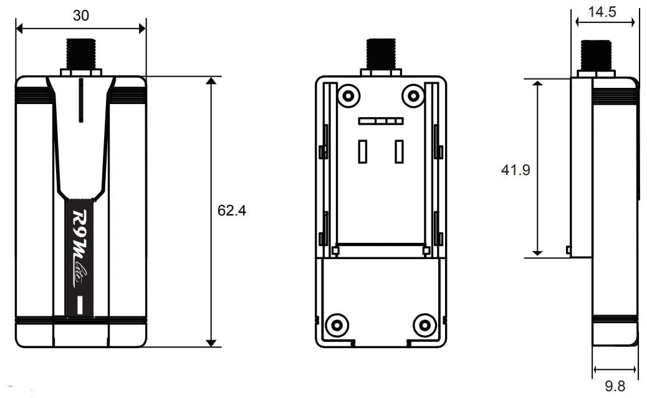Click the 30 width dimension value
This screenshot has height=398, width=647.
80,16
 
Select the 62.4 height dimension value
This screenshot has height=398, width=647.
232,211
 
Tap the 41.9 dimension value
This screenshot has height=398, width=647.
515,169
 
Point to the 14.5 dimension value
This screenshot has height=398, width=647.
605,12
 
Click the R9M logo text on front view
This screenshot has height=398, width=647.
80,247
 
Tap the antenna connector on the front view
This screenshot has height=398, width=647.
80,55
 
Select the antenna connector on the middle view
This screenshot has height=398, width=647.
380,55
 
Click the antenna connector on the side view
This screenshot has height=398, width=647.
595,56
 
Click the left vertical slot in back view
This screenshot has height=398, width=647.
362,151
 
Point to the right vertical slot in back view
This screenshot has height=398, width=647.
399,151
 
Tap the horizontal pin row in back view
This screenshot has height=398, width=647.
381,120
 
